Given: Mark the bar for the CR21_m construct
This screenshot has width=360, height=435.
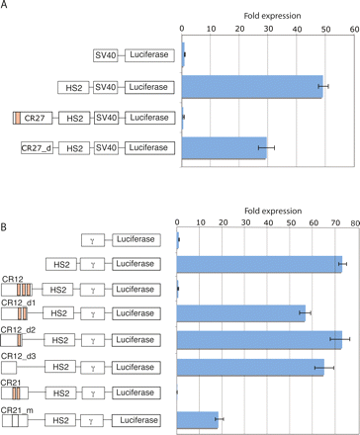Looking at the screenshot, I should coord(197,419).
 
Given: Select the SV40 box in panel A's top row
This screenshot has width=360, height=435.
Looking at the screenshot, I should coord(105,57).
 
